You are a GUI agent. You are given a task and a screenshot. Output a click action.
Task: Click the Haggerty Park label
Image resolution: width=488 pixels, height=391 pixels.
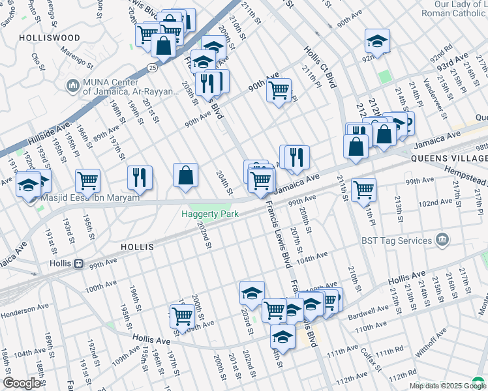point(209,214)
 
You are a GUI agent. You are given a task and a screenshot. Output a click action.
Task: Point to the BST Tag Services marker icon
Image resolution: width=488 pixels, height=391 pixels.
point(442,240)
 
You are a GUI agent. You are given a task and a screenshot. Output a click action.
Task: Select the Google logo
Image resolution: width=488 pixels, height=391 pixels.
point(22,383)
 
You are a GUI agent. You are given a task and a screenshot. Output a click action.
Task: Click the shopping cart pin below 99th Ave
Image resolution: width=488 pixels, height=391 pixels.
point(363,190)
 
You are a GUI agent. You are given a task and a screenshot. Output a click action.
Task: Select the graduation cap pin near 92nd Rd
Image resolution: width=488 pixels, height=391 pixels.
point(377,40)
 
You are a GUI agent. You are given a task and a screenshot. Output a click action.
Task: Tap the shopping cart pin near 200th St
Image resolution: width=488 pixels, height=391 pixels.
point(183,316)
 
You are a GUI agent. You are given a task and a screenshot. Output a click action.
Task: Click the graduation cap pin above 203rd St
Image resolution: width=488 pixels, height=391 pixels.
point(252,293)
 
